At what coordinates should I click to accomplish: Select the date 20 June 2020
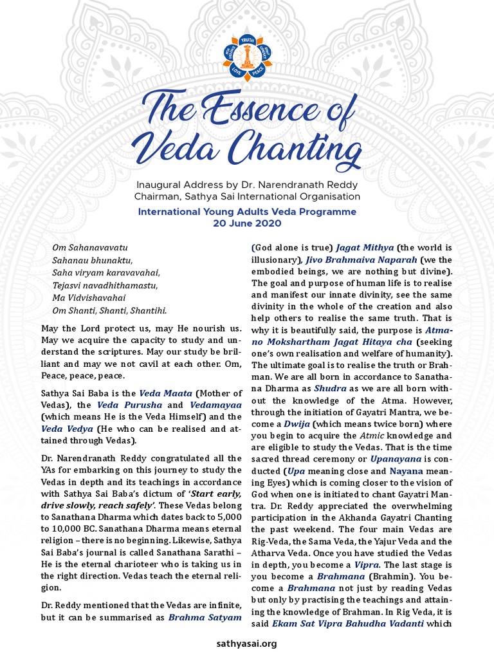pos(247,223)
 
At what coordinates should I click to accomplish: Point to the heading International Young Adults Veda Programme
pos(247,211)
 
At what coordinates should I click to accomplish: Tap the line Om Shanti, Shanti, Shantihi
pos(109,310)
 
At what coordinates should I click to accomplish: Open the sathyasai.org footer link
pos(247,644)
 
